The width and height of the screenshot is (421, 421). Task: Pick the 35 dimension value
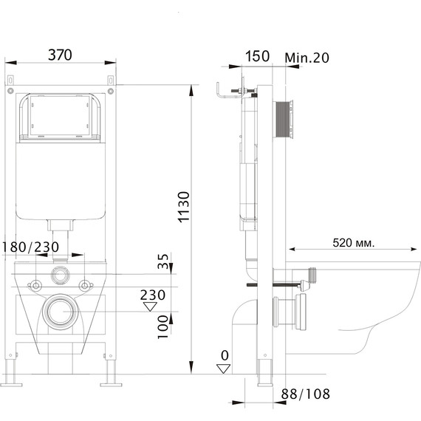click(162, 262)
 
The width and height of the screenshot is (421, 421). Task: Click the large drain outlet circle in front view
click(61, 312)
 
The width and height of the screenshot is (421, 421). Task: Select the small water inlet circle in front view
click(61, 277)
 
